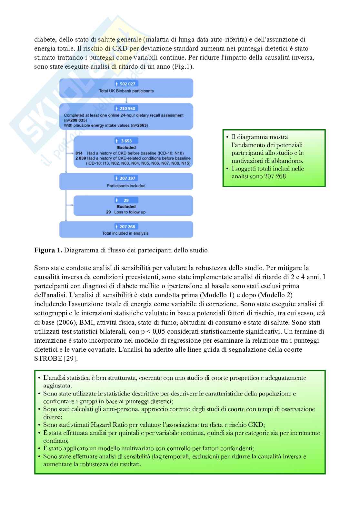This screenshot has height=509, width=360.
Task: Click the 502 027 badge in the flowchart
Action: pyautogui.click(x=126, y=84)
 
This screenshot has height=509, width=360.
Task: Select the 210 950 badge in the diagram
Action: pyautogui.click(x=126, y=109)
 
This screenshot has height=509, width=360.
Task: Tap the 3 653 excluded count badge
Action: pyautogui.click(x=126, y=141)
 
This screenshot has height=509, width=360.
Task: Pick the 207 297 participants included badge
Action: pyautogui.click(x=126, y=178)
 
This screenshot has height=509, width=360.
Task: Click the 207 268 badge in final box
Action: pyautogui.click(x=126, y=227)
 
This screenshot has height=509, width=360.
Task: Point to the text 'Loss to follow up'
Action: pyautogui.click(x=130, y=212)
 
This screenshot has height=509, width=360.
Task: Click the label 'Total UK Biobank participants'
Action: pyautogui.click(x=126, y=91)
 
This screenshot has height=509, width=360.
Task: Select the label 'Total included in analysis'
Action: pyautogui.click(x=125, y=233)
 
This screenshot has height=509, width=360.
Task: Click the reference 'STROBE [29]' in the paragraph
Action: pyautogui.click(x=56, y=358)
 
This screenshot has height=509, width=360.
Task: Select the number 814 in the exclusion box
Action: pyautogui.click(x=79, y=153)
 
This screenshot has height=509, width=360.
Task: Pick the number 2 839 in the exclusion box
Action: pyautogui.click(x=80, y=158)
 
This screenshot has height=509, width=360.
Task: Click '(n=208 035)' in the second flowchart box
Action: pyautogui.click(x=75, y=120)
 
